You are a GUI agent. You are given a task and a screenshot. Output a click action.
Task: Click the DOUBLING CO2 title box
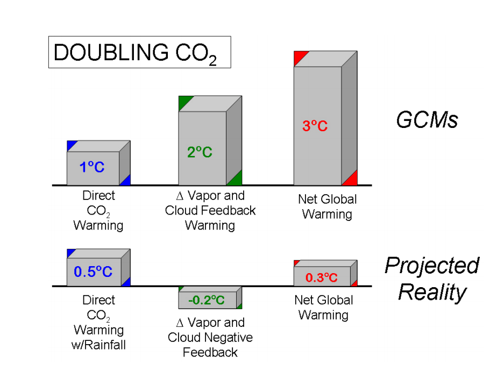pos(139,52)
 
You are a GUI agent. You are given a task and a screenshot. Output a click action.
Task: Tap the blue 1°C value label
pos(92,167)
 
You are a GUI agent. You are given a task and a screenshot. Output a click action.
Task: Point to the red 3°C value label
pos(315,126)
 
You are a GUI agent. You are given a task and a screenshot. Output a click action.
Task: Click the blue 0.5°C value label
pos(93,272)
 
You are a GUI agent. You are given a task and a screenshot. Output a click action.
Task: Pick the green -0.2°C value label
pos(207,299)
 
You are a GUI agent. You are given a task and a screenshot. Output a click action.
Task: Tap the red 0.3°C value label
pos(321,277)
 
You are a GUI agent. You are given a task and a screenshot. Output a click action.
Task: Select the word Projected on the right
pos(431,266)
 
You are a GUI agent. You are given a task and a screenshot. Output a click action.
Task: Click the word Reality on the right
pos(432,292)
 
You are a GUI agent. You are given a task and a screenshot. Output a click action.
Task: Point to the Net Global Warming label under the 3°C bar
pos(327,206)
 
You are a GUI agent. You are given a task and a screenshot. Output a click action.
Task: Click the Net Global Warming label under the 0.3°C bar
pos(323,307)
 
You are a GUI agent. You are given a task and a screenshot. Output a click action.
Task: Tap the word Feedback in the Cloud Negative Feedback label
pos(210,352)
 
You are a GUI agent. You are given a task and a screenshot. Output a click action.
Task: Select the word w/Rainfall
pos(98,345)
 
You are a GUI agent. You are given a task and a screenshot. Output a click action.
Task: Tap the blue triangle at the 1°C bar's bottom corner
pos(126,181)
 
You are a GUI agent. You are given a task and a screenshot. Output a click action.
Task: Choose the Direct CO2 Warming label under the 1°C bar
pos(98,211)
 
